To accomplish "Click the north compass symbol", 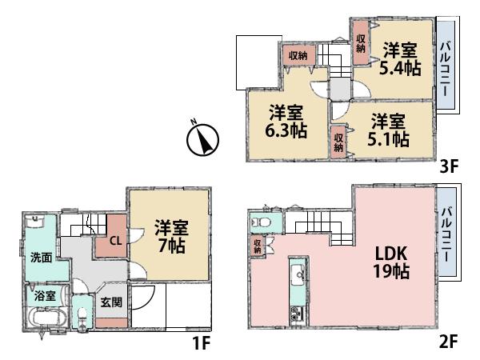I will tap(203, 140).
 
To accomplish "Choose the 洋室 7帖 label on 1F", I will tap(170, 235).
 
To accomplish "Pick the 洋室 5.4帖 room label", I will tap(397, 58).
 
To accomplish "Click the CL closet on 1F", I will tap(114, 238).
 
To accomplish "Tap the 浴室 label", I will tap(45, 295).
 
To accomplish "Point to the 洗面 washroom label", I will tap(42, 258).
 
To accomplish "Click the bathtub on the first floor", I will tap(44, 318).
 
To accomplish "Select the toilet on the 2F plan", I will tap(262, 222).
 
